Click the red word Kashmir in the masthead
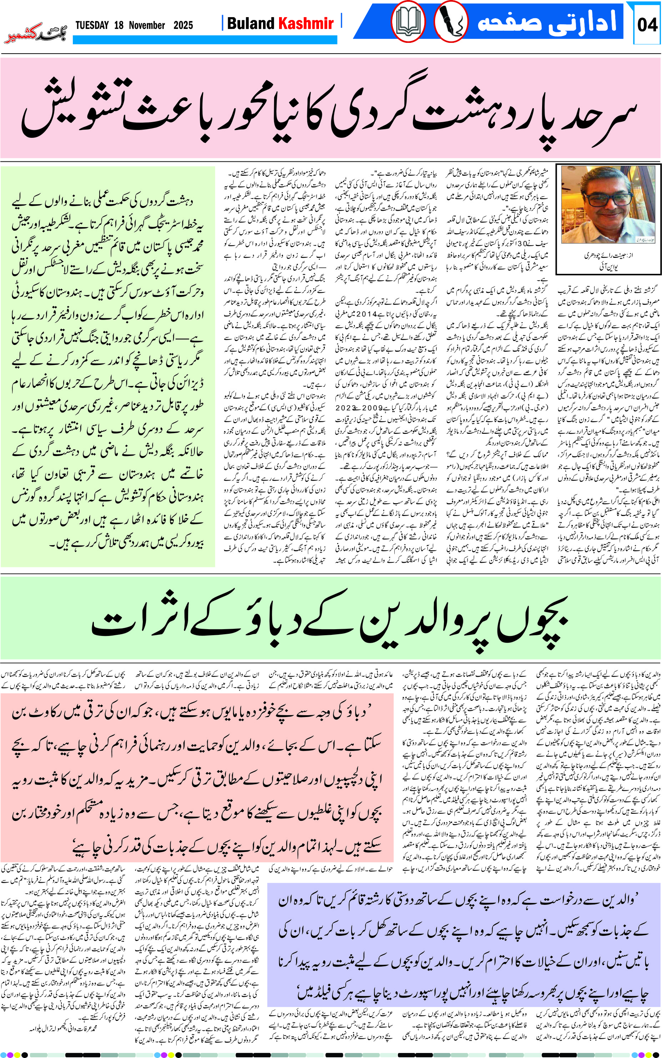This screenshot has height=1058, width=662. pos(306,23)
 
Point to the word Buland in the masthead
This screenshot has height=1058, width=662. pos(251,23)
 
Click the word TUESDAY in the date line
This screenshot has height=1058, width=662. pos(92,25)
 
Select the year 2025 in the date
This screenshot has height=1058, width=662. pos(183,25)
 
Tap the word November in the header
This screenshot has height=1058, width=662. pos(147,25)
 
